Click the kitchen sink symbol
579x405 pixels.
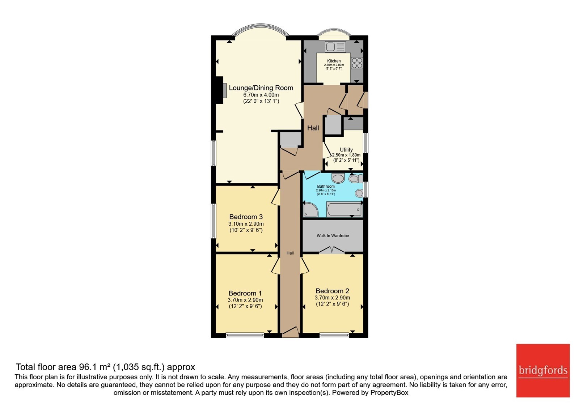(x=335, y=47)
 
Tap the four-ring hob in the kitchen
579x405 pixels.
(x=357, y=63)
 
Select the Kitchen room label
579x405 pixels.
(x=334, y=61)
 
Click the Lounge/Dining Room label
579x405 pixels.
(x=261, y=88)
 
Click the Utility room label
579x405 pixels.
(x=346, y=150)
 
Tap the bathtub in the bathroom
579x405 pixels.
(x=345, y=209)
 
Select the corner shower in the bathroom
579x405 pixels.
(x=311, y=209)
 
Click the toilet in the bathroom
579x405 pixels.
(x=355, y=179)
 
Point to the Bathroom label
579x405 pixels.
(x=326, y=186)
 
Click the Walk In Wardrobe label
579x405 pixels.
(x=333, y=235)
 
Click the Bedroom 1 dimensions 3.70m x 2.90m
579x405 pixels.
(x=245, y=300)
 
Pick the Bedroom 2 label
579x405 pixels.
(x=333, y=291)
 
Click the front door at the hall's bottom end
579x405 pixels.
(x=290, y=332)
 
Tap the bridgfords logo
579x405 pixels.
(x=543, y=370)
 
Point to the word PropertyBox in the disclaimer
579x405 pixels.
(x=389, y=393)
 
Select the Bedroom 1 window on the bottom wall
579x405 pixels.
(x=245, y=335)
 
